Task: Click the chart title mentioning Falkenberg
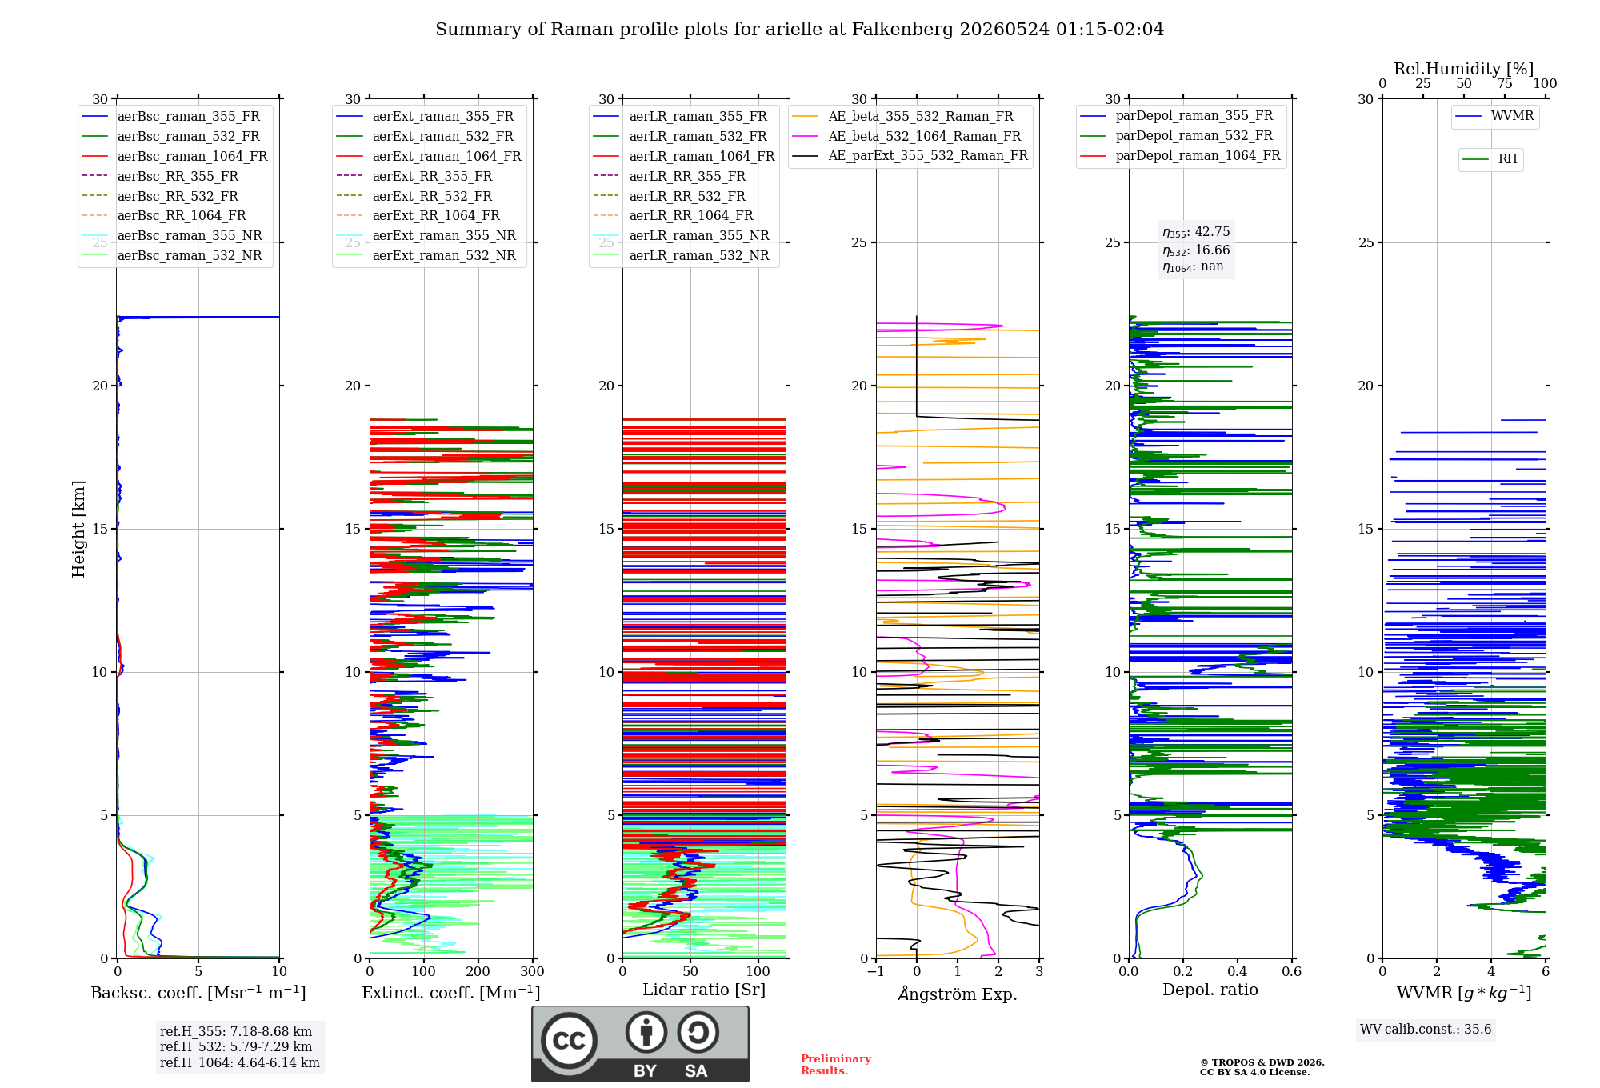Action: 799,30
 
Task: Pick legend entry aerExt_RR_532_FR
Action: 414,196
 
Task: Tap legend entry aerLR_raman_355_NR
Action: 681,235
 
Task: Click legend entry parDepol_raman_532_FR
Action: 1176,135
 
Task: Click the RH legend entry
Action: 1490,159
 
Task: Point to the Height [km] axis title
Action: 78,529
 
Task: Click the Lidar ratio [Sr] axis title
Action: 704,990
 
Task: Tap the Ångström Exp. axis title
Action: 958,994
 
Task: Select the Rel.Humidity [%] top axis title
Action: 1464,69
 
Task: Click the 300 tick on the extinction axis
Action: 532,971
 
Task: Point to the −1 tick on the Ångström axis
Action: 876,971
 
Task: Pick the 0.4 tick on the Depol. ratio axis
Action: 1238,971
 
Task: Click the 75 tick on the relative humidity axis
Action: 1505,83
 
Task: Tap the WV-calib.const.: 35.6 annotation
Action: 1426,1029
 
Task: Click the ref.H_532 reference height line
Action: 236,1046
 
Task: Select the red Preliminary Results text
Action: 836,1065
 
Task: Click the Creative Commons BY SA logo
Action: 640,1043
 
